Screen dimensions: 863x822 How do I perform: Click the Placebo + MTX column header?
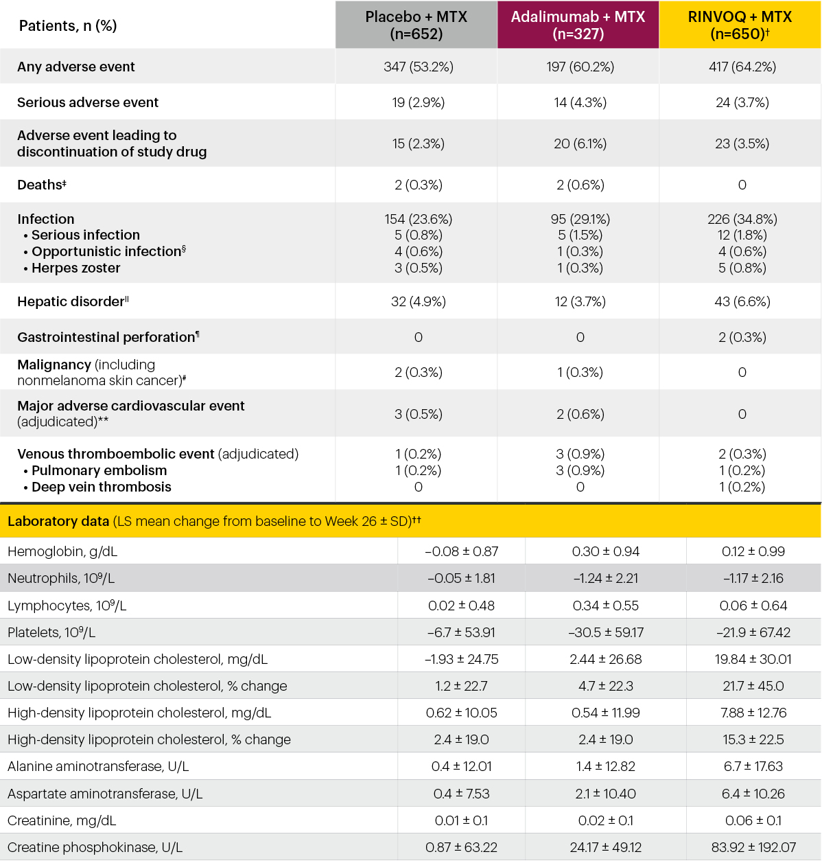point(416,25)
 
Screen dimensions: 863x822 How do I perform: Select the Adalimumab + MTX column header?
point(578,25)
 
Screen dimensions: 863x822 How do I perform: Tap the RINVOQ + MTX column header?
point(740,25)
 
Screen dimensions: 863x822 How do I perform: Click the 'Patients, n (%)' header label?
point(68,26)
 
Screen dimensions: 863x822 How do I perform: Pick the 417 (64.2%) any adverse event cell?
point(742,67)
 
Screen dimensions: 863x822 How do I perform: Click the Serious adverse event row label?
point(88,102)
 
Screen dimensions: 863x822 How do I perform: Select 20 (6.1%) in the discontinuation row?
point(580,143)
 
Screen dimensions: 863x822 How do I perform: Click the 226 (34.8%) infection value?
point(742,219)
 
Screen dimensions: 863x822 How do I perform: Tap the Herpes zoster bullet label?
point(75,268)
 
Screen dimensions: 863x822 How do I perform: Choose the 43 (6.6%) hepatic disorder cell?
point(742,301)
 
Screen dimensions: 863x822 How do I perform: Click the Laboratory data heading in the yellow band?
point(58,521)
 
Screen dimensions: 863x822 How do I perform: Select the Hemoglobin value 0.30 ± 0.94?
point(605,551)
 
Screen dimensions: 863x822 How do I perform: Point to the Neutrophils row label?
point(61,578)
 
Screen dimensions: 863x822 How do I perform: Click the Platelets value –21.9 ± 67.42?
point(753,632)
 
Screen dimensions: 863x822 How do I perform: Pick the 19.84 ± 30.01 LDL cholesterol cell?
point(753,659)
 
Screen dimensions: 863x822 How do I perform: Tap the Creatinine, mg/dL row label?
point(62,820)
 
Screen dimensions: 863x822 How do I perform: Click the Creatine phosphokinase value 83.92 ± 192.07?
point(753,847)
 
